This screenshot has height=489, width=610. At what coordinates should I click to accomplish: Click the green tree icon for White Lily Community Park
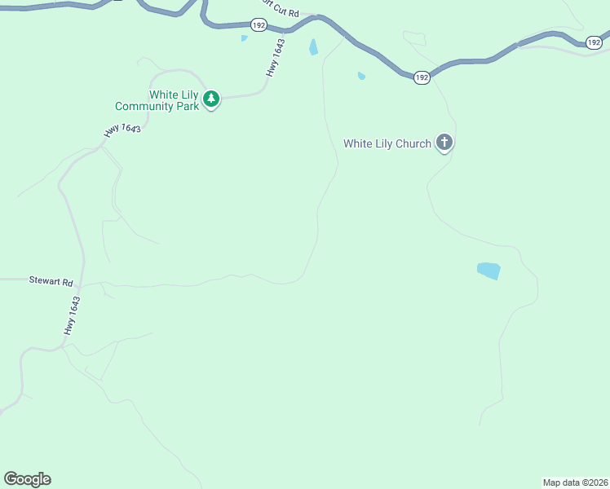[x=211, y=99]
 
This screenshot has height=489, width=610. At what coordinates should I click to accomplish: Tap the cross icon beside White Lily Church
[x=444, y=143]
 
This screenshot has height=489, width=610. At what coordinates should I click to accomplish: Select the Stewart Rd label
[x=51, y=280]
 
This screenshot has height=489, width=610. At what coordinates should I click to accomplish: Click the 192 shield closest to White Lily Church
[x=421, y=77]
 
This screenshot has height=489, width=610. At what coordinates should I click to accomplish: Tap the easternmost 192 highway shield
[x=594, y=42]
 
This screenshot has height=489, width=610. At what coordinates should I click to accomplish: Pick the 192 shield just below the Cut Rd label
[x=259, y=26]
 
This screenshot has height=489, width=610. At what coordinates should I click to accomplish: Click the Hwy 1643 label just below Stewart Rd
[x=73, y=315]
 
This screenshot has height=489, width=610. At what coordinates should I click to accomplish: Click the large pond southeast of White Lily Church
[x=488, y=271]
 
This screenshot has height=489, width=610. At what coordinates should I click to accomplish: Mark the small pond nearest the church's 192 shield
[x=361, y=77]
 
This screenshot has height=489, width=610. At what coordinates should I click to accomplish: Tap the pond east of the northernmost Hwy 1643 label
[x=313, y=47]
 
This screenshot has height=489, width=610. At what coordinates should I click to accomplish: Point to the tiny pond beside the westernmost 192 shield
[x=244, y=37]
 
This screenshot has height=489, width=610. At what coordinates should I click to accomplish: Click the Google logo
[x=27, y=479]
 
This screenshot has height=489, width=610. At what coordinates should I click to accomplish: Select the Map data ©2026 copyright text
[x=575, y=482]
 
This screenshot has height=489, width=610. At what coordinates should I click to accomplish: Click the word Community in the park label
[x=145, y=107]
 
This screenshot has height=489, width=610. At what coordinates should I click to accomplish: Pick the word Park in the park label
[x=188, y=107]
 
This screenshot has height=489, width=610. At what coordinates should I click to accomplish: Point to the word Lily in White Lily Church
[x=381, y=144]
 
